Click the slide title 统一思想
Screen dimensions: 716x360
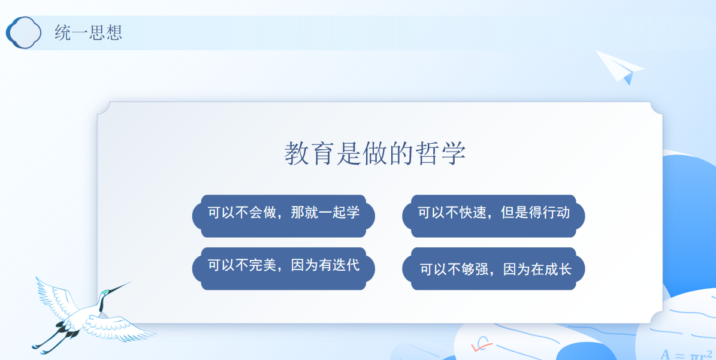point(88,32)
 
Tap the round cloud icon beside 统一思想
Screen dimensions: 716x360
point(24,32)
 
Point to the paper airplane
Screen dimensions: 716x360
point(619,67)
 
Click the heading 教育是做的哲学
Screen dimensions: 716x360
point(375,153)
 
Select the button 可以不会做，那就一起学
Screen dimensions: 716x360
point(283,216)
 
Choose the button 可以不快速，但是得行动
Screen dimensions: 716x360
point(494,216)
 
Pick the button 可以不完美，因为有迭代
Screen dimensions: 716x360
point(283,268)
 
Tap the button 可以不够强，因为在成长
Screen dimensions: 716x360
point(494,268)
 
